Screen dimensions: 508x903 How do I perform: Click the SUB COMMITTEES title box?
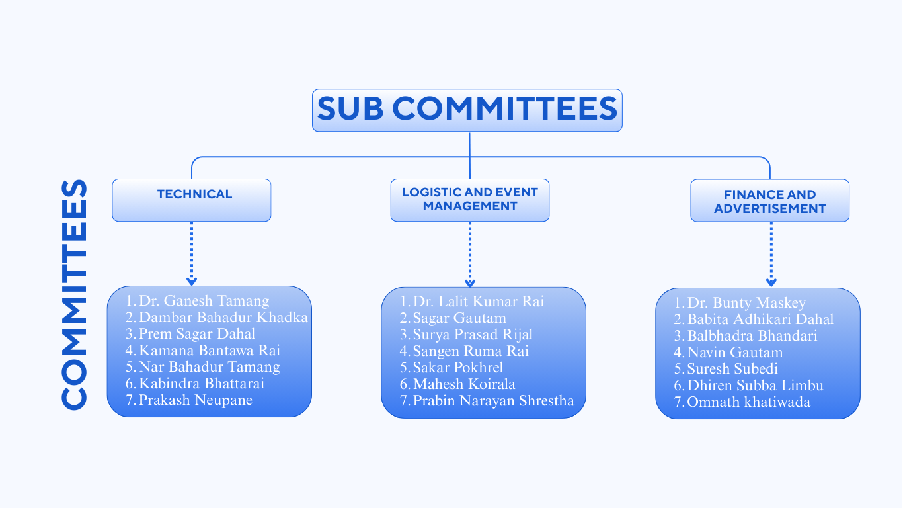pos(467,110)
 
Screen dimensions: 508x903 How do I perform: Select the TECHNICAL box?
pos(192,199)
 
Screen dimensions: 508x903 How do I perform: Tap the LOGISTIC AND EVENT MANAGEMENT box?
pos(470,199)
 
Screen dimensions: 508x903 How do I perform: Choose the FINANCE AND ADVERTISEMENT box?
pos(769,200)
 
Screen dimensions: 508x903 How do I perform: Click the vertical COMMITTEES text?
pos(74,294)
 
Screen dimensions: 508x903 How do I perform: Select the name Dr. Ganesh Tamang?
pos(204,301)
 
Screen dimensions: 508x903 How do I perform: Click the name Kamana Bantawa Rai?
pos(209,351)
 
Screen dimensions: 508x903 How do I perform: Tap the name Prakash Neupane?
pos(195,400)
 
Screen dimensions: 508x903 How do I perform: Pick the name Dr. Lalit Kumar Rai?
pos(478,302)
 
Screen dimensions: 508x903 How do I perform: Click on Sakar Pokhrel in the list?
pos(457,368)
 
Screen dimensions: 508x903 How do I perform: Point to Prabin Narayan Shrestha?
pos(493,401)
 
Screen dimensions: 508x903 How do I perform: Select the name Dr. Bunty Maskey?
pos(746,303)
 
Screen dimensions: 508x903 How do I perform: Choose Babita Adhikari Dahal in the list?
pos(760,319)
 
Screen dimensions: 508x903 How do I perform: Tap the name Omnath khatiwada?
pos(748,402)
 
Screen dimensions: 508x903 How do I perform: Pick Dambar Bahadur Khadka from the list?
pos(223,317)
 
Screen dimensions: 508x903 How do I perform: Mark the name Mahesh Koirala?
pos(464,384)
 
